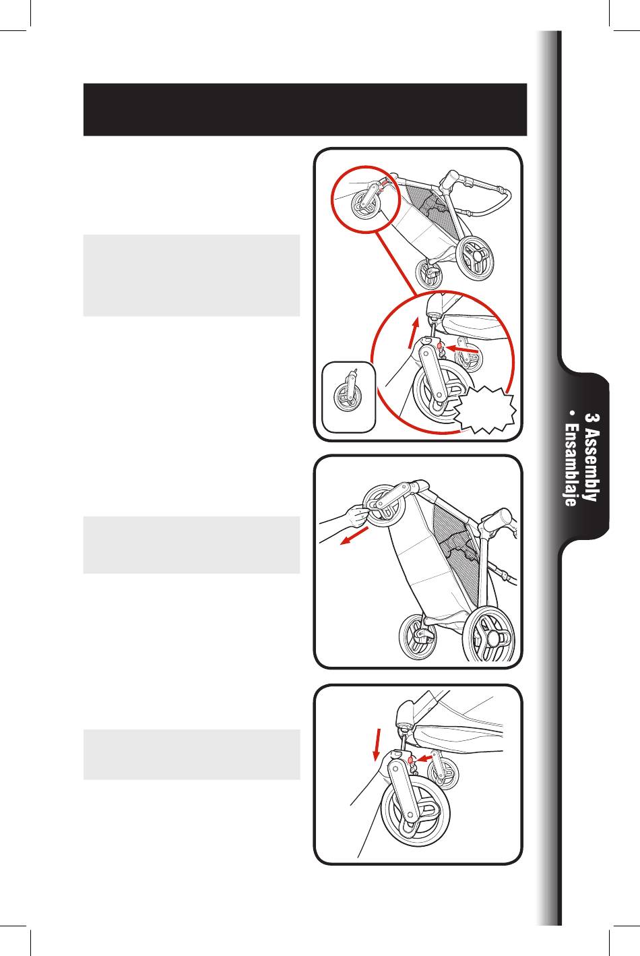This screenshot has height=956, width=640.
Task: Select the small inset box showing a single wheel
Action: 349,396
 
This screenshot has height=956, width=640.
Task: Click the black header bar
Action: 305,110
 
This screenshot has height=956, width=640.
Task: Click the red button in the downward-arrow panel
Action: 412,763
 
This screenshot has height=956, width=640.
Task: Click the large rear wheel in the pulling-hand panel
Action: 490,635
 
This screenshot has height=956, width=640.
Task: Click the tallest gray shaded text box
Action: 191,275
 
